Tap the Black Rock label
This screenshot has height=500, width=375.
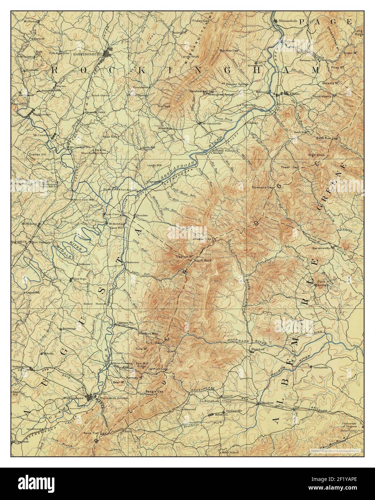pyautogui.click(x=202, y=260)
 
